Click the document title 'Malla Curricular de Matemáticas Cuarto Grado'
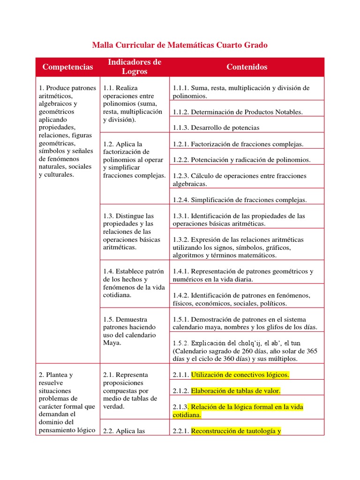click(x=180, y=45)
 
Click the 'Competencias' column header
click(x=67, y=67)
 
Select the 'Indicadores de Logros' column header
click(x=135, y=67)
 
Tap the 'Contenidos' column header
click(x=247, y=67)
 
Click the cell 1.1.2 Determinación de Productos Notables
click(x=238, y=112)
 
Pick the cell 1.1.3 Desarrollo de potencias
click(x=216, y=127)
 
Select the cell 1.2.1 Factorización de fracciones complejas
click(x=238, y=144)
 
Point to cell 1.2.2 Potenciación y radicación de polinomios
click(x=241, y=160)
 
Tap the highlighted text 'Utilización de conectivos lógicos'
click(x=240, y=375)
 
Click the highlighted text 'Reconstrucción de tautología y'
click(x=236, y=431)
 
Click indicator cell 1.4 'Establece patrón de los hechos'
click(x=134, y=283)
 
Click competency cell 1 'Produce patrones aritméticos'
click(x=67, y=131)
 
